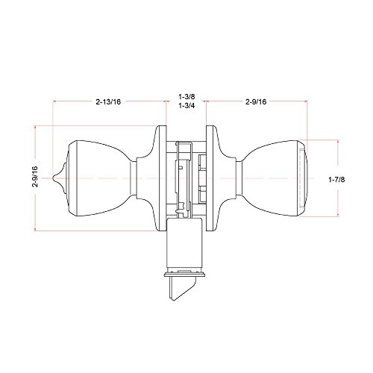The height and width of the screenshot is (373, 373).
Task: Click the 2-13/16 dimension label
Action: coord(108,101)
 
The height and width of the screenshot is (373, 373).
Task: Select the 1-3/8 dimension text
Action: coord(186,96)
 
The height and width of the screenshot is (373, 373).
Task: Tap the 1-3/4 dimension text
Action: coord(186,106)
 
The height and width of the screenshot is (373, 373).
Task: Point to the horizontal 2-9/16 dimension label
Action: coord(256,101)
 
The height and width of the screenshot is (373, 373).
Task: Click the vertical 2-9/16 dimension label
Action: coord(35,177)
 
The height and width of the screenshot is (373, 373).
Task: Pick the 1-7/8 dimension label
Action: coord(336,179)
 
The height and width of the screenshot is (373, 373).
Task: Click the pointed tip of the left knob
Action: coord(54,178)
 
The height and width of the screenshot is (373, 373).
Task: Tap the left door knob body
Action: coord(99,178)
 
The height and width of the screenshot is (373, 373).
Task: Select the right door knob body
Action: coord(274,178)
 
